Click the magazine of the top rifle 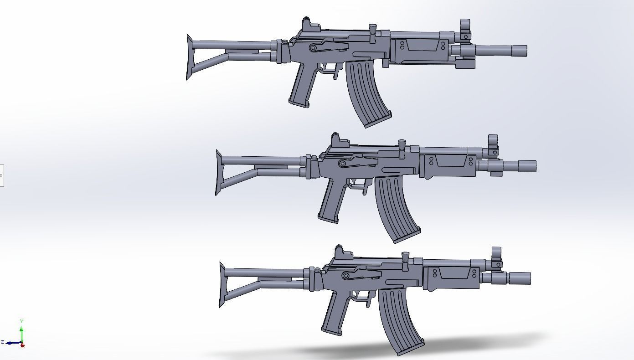pyautogui.click(x=367, y=93)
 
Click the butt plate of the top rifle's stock pyautogui.click(x=189, y=57)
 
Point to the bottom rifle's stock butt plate pyautogui.click(x=222, y=285)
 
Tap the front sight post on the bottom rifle pyautogui.click(x=496, y=255)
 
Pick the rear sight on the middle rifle pyautogui.click(x=336, y=139)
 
